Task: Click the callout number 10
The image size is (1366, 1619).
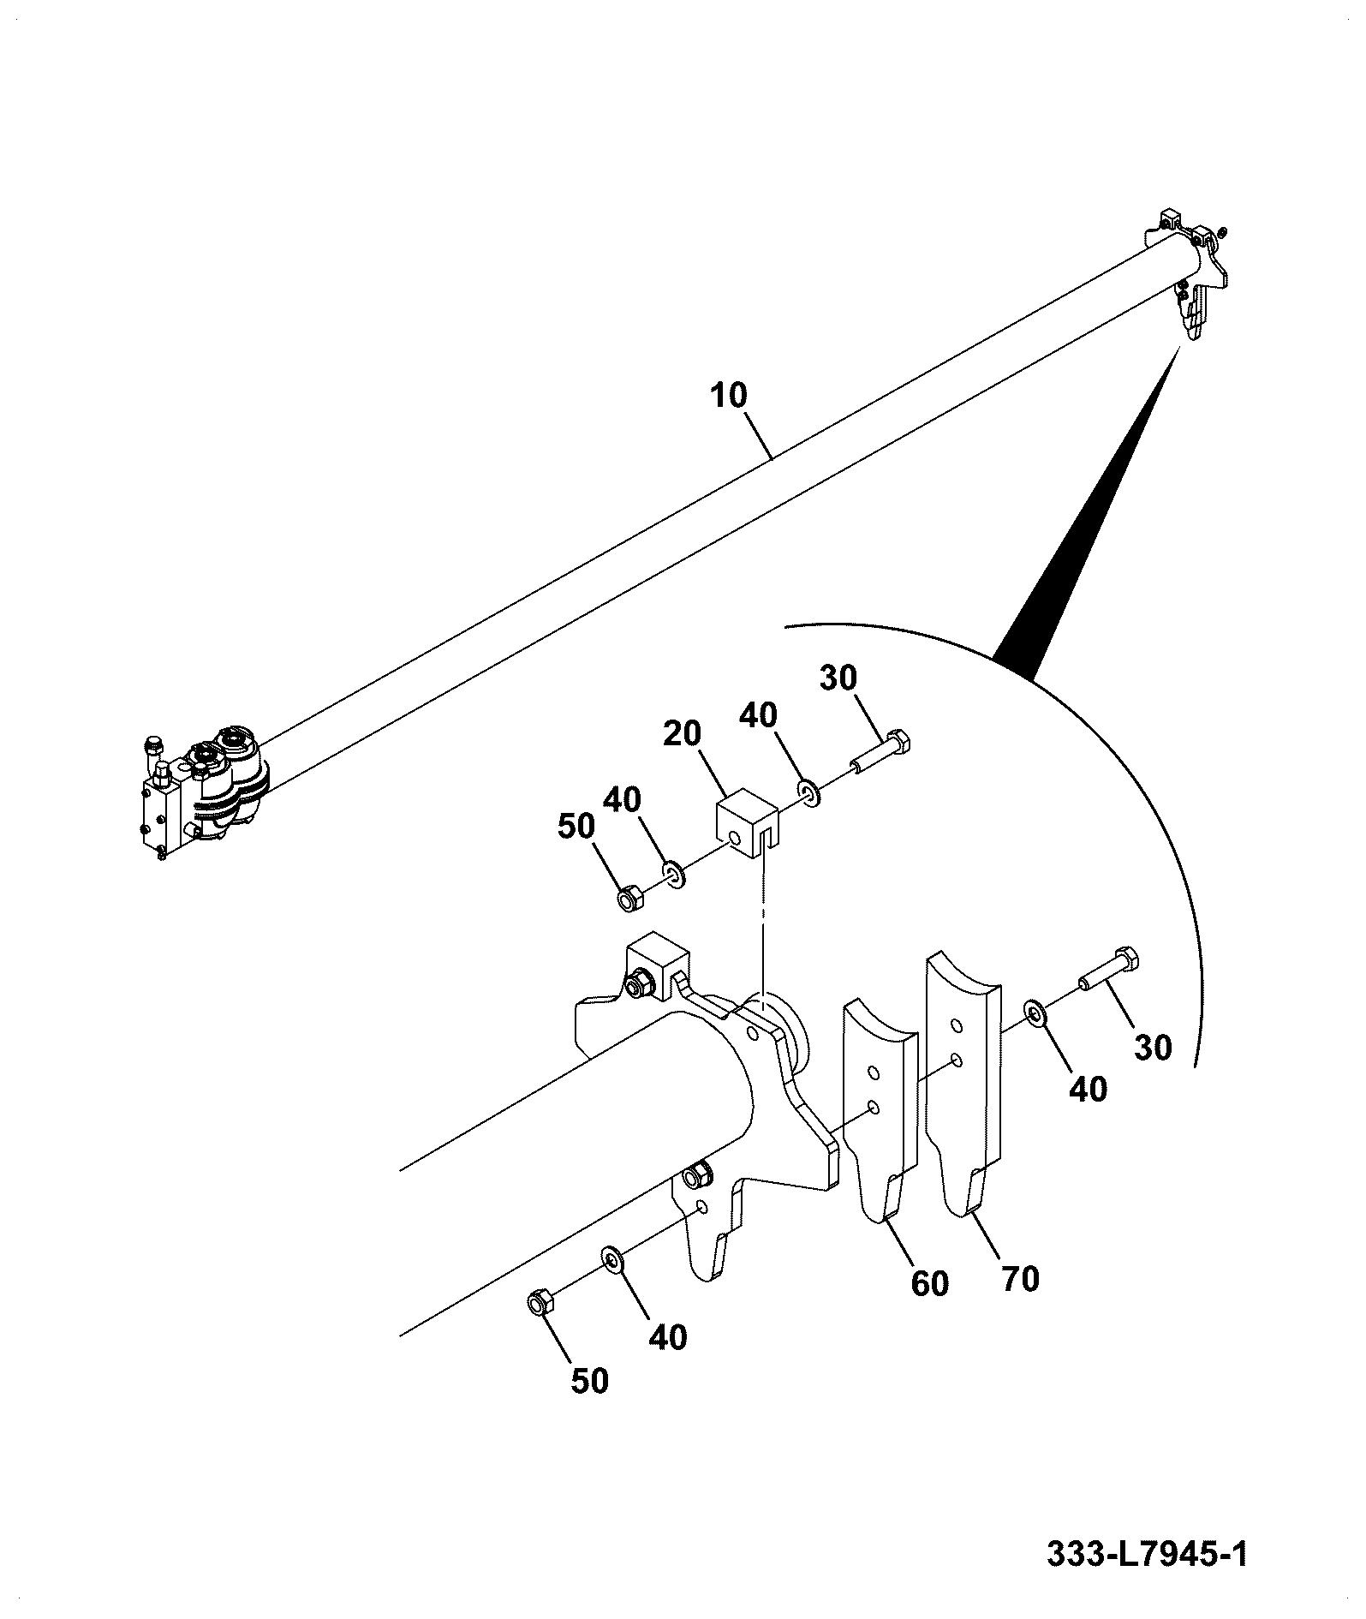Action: pos(728,396)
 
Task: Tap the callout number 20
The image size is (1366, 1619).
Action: pos(682,733)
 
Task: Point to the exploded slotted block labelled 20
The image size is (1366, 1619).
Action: pos(745,821)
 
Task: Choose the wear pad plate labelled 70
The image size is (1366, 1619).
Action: pos(963,1082)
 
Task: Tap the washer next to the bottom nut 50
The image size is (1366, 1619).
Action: pos(612,1258)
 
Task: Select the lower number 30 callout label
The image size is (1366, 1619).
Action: pos(1152,1047)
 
